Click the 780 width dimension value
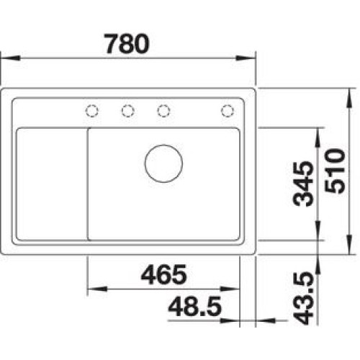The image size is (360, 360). (127, 44)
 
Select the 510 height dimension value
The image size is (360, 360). (335, 171)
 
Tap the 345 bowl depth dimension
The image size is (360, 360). (303, 184)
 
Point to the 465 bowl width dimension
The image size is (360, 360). (164, 274)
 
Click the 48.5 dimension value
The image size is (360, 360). (194, 307)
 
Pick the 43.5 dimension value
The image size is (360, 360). (303, 298)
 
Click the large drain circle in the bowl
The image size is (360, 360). (163, 163)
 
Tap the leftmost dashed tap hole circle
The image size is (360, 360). (92, 111)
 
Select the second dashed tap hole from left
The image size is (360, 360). (127, 111)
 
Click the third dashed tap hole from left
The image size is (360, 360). (163, 111)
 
